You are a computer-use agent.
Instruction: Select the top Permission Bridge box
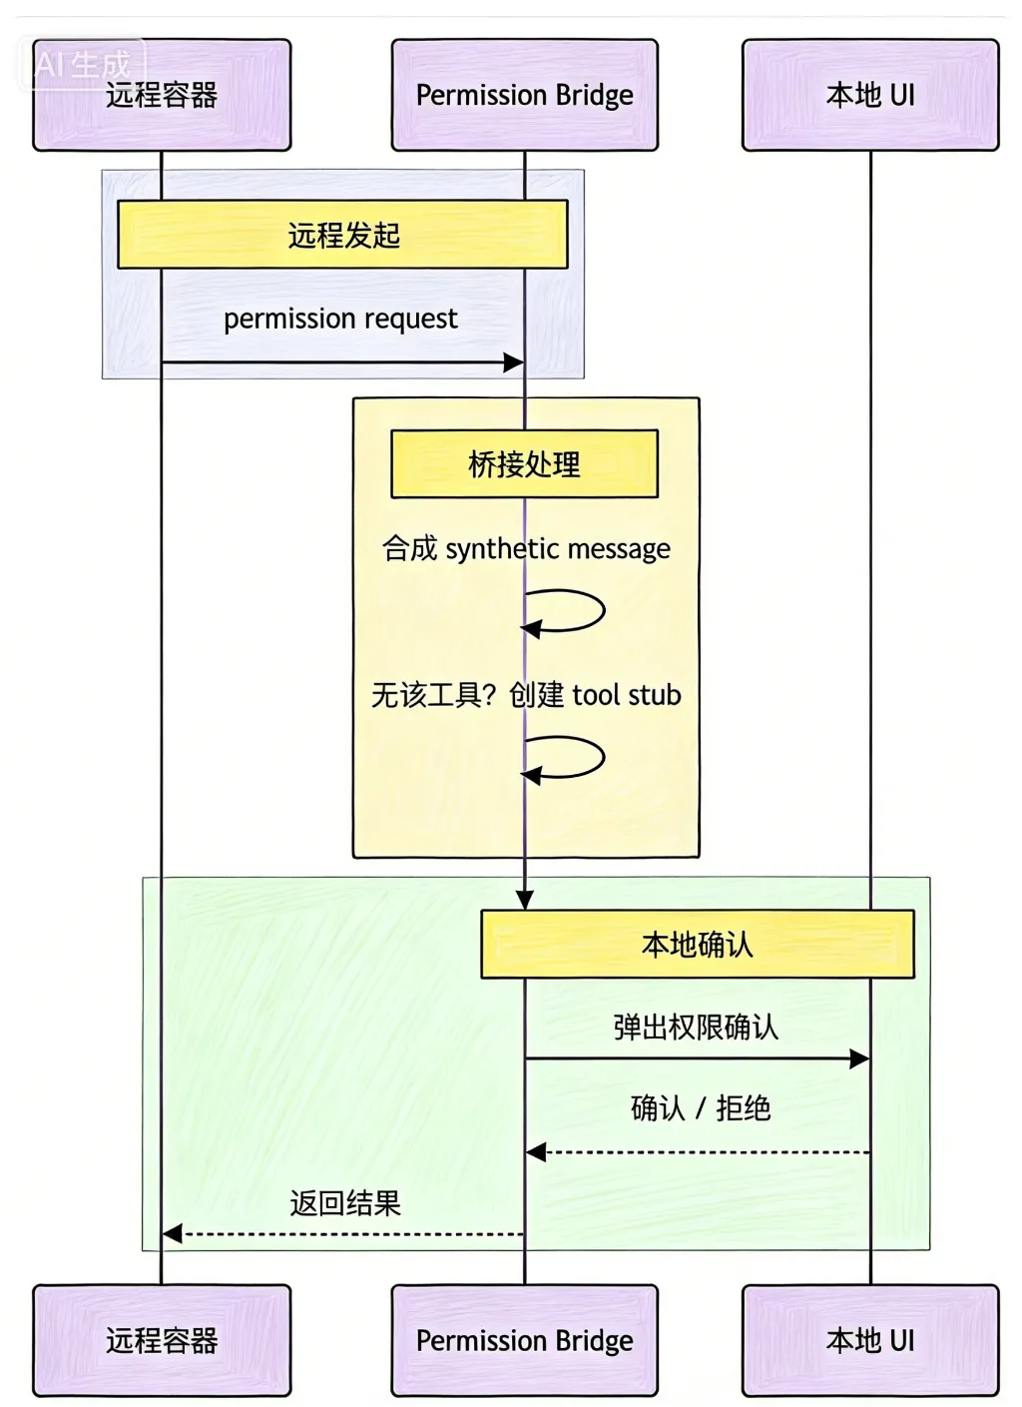coord(524,95)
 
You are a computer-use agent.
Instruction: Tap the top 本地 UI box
coord(869,95)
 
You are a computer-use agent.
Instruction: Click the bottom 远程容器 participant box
coord(162,1340)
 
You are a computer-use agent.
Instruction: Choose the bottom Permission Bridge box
coord(524,1340)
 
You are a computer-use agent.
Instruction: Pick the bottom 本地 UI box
coord(869,1340)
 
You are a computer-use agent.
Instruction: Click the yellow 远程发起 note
coord(342,235)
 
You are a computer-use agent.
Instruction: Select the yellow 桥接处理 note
coord(524,464)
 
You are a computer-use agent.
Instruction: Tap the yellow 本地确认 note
coord(697,944)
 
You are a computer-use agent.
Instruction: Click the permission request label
coord(340,319)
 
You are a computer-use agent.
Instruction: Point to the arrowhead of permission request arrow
coord(514,362)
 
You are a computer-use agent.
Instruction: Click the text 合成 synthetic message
coord(526,548)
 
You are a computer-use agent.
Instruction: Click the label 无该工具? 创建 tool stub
coord(526,695)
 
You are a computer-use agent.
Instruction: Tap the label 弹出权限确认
coord(696,1027)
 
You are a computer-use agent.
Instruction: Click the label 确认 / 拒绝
coord(701,1108)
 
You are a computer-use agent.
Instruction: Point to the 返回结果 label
coord(345,1203)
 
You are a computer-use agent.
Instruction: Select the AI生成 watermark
coord(82,65)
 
